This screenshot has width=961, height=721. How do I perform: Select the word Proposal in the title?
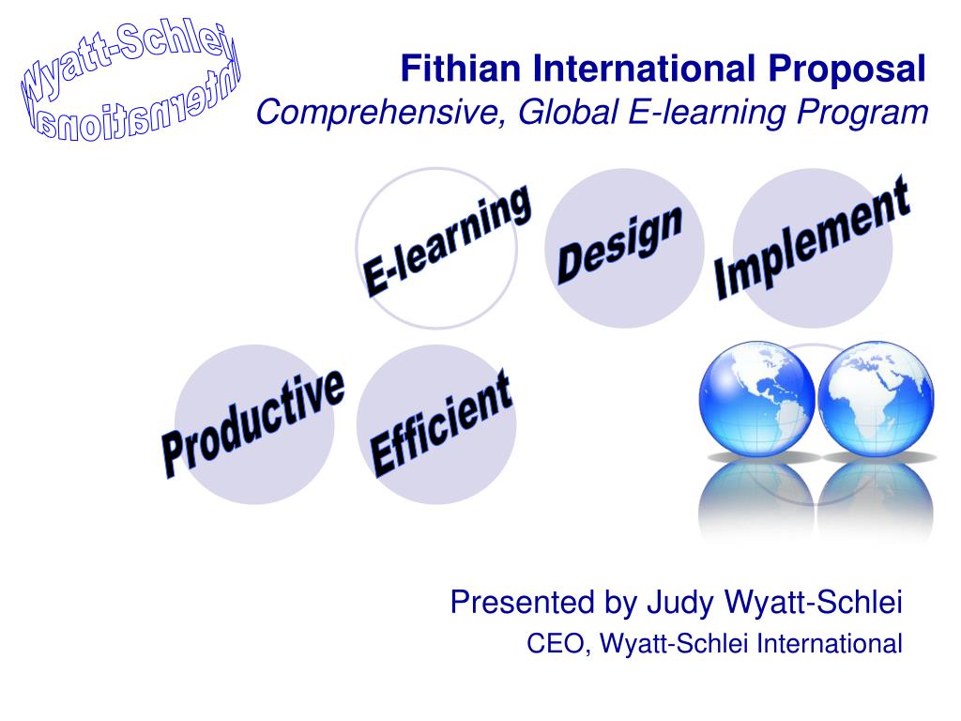tap(847, 69)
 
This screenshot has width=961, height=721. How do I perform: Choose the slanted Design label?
tap(619, 244)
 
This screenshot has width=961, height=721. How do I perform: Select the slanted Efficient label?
tap(441, 423)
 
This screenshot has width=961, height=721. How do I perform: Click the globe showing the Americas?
tap(757, 398)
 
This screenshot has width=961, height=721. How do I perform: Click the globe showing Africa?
tap(876, 398)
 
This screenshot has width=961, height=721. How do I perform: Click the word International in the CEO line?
tap(830, 644)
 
